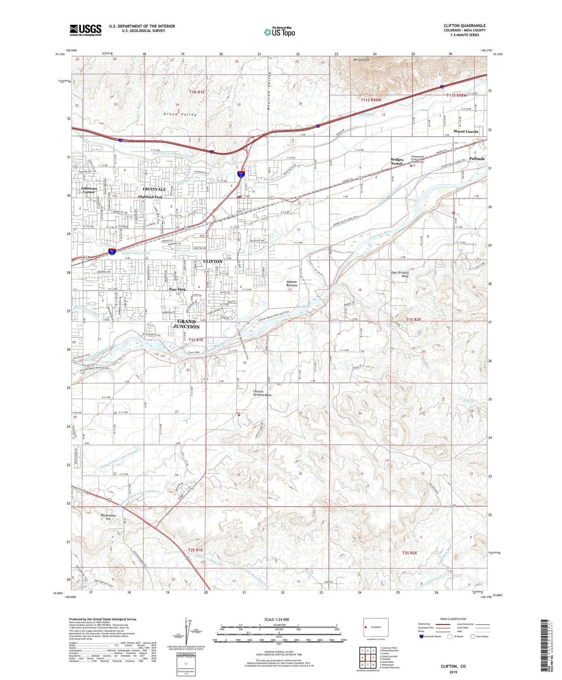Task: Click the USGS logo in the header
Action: pos(86,30)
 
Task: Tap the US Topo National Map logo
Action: pos(279,32)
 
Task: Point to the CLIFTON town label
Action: pos(213,261)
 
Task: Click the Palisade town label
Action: pos(477,159)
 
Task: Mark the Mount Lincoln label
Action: pos(466,132)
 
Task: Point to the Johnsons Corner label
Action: pos(88,190)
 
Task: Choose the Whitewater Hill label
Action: pos(108,517)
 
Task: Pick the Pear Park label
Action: pos(177,289)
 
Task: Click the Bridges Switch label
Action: pos(397,162)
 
